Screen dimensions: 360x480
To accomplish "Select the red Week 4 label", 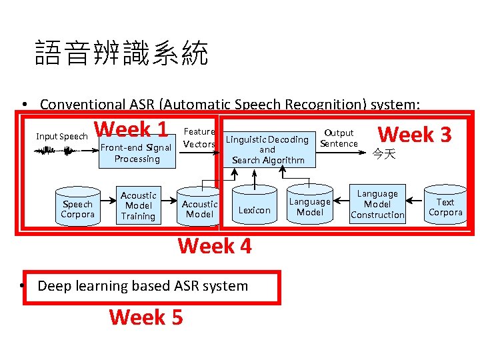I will (x=215, y=246).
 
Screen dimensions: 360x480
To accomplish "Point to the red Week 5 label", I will (x=145, y=317).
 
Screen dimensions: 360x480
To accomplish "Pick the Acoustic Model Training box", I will (x=138, y=205).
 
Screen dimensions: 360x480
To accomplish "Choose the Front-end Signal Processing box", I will (x=137, y=153).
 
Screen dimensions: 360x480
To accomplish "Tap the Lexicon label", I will (x=254, y=210).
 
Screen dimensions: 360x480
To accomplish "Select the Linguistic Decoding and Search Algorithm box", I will (x=267, y=149).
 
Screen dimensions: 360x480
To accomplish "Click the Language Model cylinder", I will (x=309, y=206).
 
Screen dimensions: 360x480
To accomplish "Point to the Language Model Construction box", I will (x=377, y=204).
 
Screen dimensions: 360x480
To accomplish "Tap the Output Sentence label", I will (x=339, y=139).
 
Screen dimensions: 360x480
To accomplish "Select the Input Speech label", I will (x=61, y=137).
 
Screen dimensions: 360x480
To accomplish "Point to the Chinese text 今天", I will (x=385, y=155).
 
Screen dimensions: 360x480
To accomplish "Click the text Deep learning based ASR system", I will (x=143, y=286).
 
